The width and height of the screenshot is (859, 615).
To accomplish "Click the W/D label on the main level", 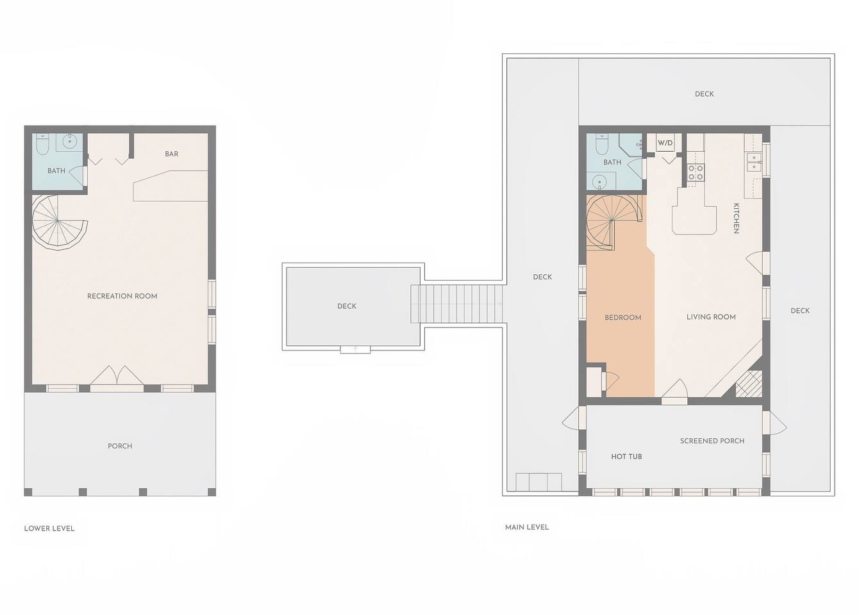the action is (x=665, y=143).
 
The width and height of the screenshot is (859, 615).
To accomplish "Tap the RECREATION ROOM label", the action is (x=122, y=296).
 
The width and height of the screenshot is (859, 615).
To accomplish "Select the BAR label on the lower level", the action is (x=171, y=154).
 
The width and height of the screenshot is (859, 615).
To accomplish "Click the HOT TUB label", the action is (x=626, y=456).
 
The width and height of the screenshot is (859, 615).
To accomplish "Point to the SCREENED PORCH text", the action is (x=712, y=441).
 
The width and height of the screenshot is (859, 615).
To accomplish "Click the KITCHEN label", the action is (x=736, y=218).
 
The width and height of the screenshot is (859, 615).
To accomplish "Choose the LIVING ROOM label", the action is (x=711, y=317).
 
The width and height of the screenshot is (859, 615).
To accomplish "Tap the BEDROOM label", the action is (x=623, y=318).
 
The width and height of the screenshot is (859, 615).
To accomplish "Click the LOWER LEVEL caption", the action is (x=49, y=529).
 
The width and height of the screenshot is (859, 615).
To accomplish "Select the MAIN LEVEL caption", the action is (x=526, y=528).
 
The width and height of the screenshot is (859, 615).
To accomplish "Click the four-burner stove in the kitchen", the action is (x=696, y=172).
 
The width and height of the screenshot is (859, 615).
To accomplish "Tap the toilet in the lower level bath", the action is (x=42, y=143).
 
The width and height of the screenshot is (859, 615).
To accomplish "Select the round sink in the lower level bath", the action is (x=70, y=142).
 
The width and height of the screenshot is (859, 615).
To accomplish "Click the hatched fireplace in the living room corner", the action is (x=748, y=384).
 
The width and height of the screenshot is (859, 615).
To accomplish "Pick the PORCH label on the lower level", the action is (x=120, y=446).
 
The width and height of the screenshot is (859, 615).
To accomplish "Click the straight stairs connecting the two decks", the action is (x=456, y=304).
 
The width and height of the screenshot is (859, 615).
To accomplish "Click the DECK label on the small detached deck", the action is (x=347, y=306).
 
